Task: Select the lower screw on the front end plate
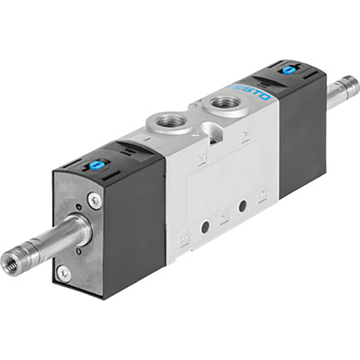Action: click(64, 271)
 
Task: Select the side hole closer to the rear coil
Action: click(243, 205)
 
